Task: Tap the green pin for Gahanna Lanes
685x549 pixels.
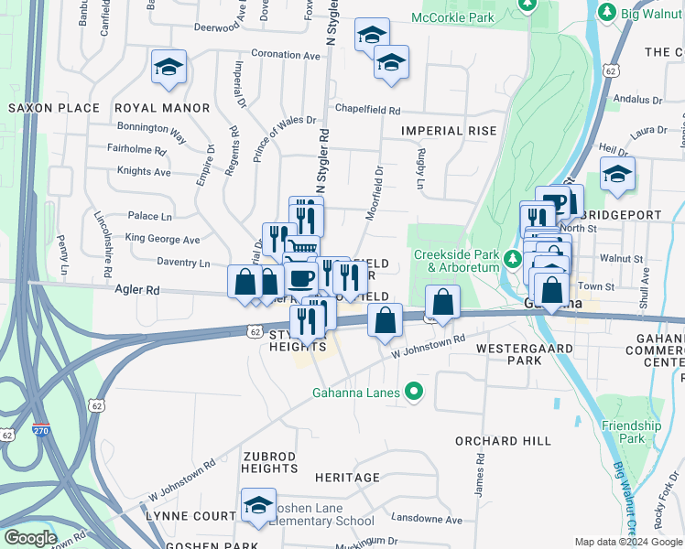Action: tap(414, 393)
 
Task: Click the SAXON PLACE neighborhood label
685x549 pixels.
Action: tap(53, 108)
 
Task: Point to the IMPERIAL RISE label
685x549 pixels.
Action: tap(449, 131)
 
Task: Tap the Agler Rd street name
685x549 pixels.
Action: tap(137, 290)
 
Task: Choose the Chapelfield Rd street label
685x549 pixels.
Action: tap(367, 110)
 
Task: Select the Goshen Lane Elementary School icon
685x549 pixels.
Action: tap(259, 505)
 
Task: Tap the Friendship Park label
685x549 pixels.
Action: tap(631, 432)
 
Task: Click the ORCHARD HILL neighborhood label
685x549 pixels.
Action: tap(500, 440)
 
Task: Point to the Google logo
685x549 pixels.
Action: tap(30, 538)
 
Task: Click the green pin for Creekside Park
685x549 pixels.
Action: tap(516, 260)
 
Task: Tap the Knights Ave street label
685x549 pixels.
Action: tap(144, 171)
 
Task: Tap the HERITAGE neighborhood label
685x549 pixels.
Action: tap(347, 478)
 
